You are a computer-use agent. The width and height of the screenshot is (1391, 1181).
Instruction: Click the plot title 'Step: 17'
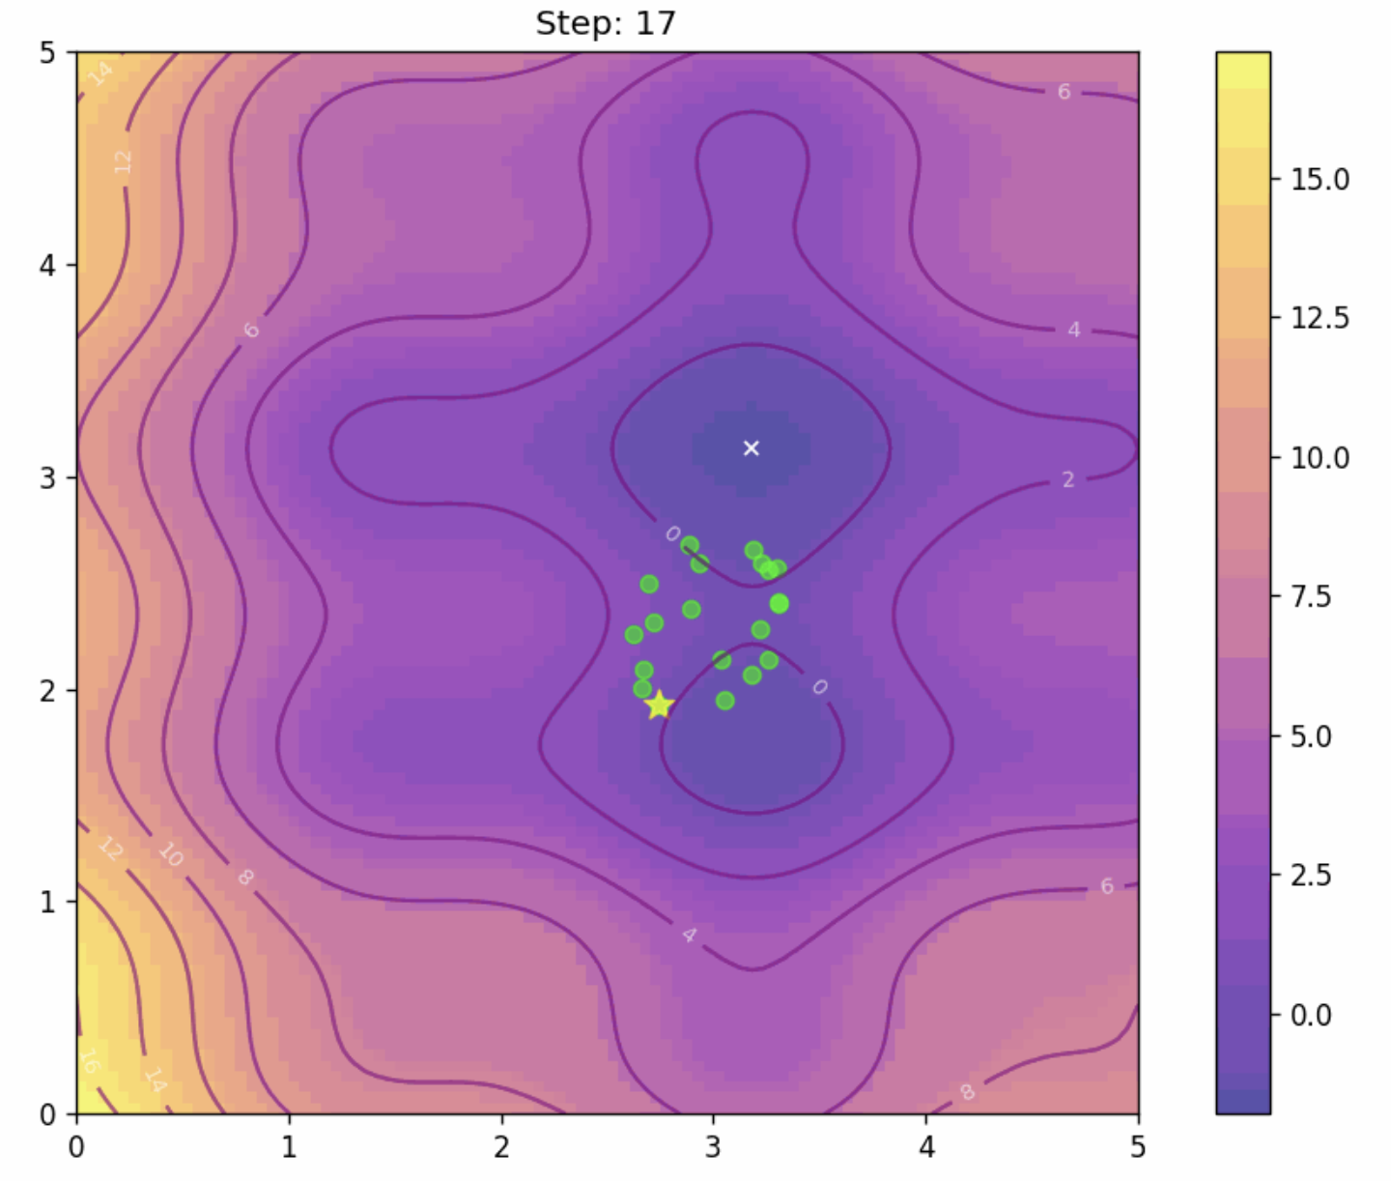pyautogui.click(x=606, y=22)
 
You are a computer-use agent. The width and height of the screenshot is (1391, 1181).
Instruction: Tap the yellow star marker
pyautogui.click(x=658, y=706)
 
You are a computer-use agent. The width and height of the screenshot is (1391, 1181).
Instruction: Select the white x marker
pyautogui.click(x=751, y=447)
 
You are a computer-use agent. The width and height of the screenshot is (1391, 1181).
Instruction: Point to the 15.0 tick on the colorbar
pyautogui.click(x=1320, y=179)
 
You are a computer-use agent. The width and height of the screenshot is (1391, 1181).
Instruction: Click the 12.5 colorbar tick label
pyautogui.click(x=1320, y=318)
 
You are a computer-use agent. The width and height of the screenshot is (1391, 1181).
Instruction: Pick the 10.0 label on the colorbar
pyautogui.click(x=1320, y=457)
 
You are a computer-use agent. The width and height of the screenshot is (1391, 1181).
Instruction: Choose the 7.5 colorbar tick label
pyautogui.click(x=1311, y=596)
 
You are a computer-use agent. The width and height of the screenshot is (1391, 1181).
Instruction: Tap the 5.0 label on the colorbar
pyautogui.click(x=1311, y=736)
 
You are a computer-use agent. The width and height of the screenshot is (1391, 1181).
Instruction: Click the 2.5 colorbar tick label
pyautogui.click(x=1311, y=876)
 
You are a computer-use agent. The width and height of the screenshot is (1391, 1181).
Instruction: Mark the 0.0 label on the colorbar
pyautogui.click(x=1311, y=1015)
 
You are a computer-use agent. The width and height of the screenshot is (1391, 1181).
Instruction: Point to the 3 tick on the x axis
pyautogui.click(x=713, y=1147)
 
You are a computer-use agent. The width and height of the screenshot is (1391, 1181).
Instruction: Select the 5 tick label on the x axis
pyautogui.click(x=1138, y=1147)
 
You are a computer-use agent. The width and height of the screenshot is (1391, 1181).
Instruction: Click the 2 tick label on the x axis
pyautogui.click(x=501, y=1147)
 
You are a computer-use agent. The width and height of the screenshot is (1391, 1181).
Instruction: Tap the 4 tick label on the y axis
pyautogui.click(x=47, y=265)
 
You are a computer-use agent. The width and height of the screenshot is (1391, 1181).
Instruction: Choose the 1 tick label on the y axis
pyautogui.click(x=47, y=902)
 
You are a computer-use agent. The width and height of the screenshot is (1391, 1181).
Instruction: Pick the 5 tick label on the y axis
pyautogui.click(x=47, y=52)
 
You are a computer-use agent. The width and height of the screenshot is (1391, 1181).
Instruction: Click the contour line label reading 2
pyautogui.click(x=1067, y=479)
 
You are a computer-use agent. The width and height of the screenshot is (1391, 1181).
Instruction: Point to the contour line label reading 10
pyautogui.click(x=170, y=854)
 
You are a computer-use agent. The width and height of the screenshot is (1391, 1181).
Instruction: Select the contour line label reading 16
pyautogui.click(x=88, y=1061)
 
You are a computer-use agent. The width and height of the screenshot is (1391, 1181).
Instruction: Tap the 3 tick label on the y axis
pyautogui.click(x=47, y=477)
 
